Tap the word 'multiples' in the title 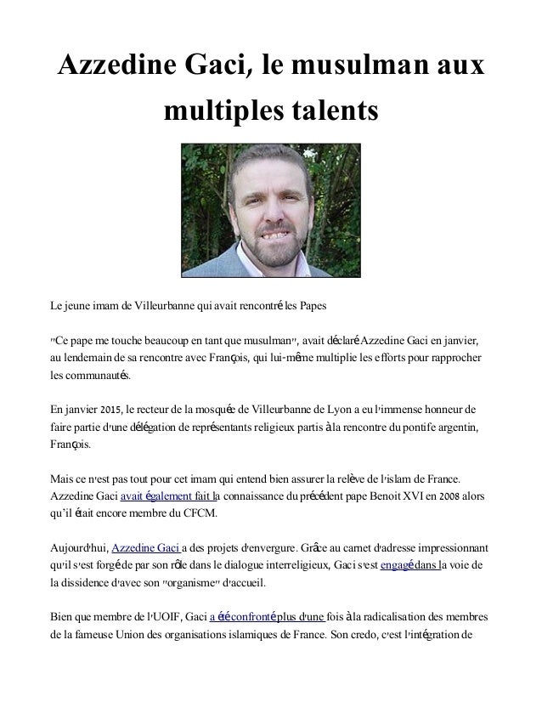point(214,110)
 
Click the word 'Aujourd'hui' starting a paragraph point(76,549)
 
